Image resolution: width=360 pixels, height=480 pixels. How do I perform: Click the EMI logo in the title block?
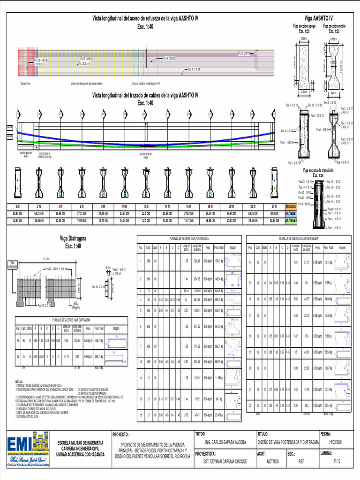pos(28,449)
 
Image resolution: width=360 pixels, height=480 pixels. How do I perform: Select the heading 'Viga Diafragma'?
pos(73,239)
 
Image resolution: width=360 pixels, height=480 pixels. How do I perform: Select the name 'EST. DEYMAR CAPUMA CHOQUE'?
pos(225,461)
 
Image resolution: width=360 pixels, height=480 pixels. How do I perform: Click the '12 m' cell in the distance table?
pos(146,207)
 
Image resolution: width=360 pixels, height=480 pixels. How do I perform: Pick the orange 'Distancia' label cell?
pos(291,207)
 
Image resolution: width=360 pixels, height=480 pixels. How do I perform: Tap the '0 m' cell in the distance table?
pos(18,207)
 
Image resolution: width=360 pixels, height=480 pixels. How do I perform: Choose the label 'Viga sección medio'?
pos(334,27)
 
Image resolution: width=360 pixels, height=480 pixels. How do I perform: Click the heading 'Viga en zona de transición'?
pos(321,170)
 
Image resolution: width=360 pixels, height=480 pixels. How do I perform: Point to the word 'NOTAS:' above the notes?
pos(19,382)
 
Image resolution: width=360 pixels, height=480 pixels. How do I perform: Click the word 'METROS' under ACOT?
pos(272,461)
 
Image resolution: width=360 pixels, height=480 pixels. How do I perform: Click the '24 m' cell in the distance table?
pos(274,207)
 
